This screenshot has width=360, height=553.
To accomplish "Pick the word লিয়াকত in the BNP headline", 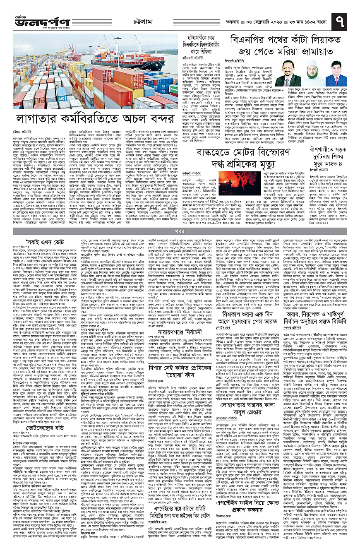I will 325,43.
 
